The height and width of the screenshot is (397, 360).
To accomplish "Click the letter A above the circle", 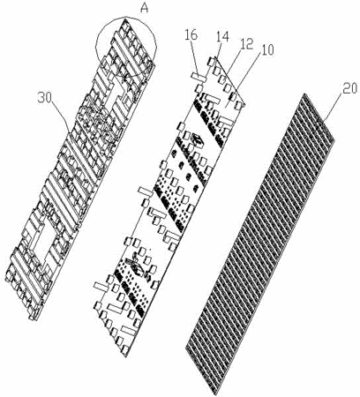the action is (144, 8).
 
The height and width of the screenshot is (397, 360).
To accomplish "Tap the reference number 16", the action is (191, 35).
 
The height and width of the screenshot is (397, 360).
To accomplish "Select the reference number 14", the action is (222, 37).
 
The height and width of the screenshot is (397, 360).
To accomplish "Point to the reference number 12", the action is (247, 44).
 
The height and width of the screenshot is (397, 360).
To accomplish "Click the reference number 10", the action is (267, 50).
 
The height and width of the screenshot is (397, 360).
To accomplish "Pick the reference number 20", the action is (349, 88).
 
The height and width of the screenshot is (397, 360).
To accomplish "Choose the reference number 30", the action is (45, 98).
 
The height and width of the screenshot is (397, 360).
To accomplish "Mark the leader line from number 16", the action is (196, 58).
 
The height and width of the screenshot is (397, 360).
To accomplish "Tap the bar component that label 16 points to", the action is (199, 77).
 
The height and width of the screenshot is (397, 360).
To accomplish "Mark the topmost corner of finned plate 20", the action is (305, 94).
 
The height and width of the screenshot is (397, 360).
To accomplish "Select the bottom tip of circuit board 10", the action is (126, 356).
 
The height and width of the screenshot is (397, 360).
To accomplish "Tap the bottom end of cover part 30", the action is (32, 318).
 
